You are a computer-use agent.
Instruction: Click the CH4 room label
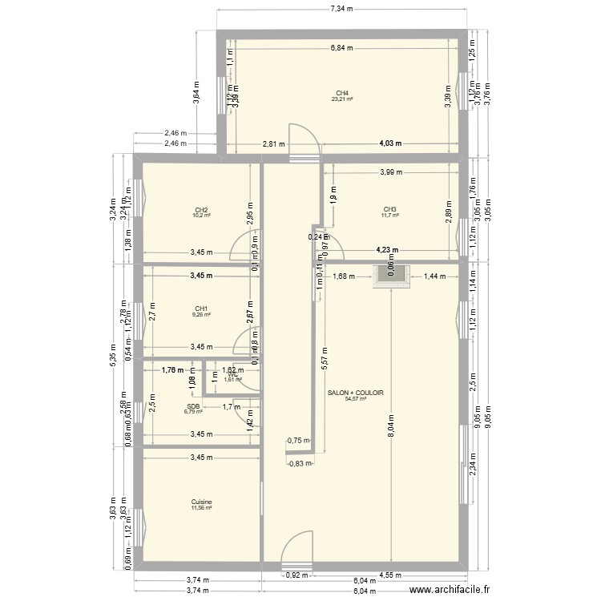pos(342,92)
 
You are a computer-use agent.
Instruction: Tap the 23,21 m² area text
pos(342,99)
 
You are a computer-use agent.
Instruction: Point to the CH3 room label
pos(390,209)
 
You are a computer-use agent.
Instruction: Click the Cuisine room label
pos(201,502)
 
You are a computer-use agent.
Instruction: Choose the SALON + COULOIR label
pos(356,393)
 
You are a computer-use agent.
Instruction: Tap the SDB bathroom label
pos(192,405)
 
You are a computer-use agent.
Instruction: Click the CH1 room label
pos(201,309)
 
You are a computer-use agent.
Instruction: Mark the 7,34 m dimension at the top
pos(342,9)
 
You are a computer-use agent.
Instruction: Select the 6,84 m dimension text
pos(342,48)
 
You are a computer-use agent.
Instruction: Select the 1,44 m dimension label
pos(434,276)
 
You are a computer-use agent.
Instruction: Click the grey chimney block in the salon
pos(391,276)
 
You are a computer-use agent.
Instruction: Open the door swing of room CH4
pos(303,138)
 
